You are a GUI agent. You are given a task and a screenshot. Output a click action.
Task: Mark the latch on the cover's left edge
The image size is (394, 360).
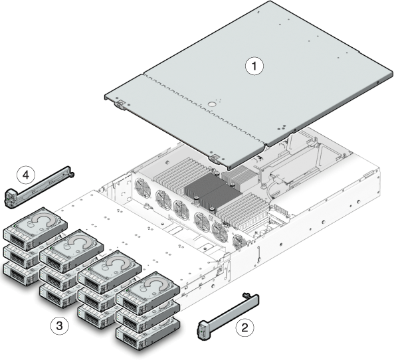click(x=121, y=102)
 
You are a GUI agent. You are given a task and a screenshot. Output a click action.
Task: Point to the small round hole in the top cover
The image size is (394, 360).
click(x=211, y=104)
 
